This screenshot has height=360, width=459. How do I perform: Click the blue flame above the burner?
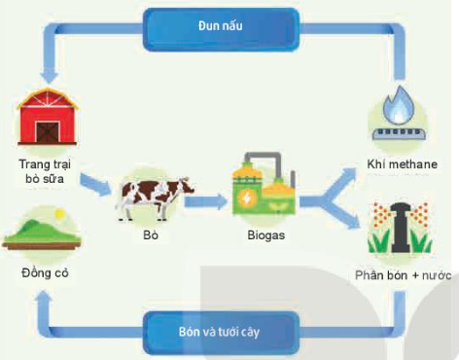399,103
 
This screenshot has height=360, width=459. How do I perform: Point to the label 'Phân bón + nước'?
399,276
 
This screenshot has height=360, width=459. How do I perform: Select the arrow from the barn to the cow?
98,184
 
